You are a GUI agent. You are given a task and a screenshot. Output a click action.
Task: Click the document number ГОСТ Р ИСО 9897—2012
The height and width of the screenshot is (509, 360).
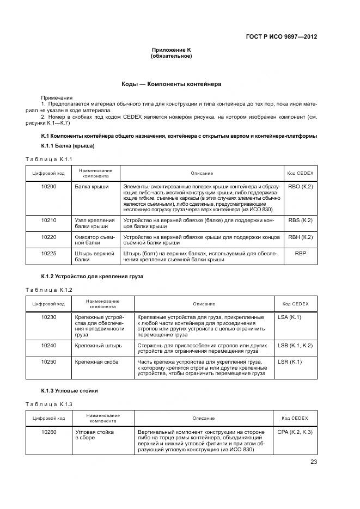tap(281, 37)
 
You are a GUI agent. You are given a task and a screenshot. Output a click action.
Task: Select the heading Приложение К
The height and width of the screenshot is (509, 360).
tap(171, 50)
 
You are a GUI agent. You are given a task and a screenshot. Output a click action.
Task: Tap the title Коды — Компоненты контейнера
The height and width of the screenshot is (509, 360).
tap(171, 84)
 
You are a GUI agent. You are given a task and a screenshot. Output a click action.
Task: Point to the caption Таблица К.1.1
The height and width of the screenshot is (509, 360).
tap(49, 158)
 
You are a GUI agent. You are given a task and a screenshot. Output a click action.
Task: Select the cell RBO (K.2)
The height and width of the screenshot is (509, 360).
tap(300, 187)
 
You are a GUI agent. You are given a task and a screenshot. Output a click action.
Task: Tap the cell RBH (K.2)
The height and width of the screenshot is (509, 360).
tap(300, 237)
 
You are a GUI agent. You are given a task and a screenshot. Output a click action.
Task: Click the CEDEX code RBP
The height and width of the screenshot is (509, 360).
tap(300, 253)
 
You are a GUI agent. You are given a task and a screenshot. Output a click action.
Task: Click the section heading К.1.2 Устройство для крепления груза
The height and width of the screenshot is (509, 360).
tap(92, 277)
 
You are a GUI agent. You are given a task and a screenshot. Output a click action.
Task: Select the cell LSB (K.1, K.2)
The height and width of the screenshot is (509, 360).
tap(295, 345)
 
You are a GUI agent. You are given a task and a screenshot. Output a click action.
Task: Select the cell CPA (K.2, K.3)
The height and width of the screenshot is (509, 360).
tap(295, 432)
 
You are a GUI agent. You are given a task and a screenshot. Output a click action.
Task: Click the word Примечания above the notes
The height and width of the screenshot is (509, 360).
tap(57, 97)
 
